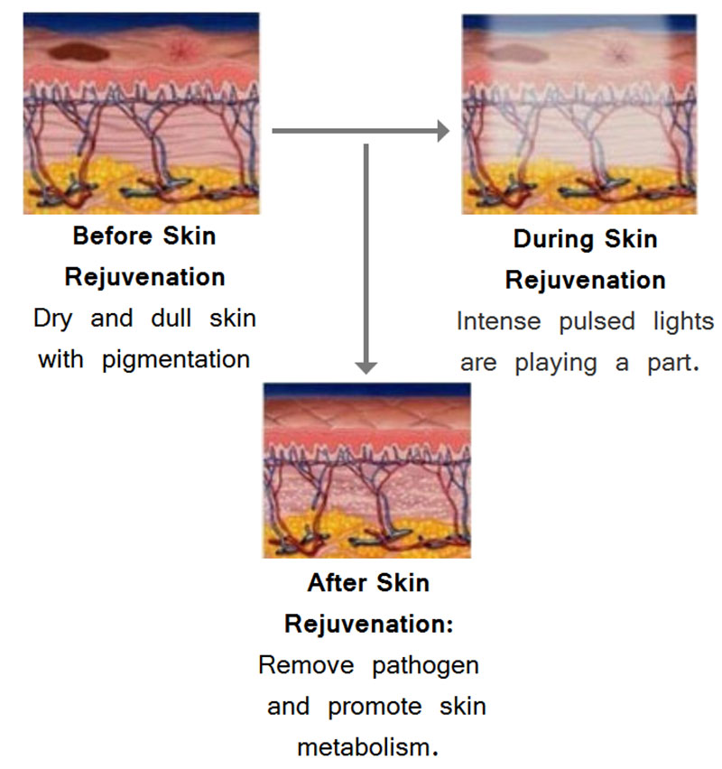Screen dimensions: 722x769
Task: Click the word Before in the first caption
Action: tap(112, 236)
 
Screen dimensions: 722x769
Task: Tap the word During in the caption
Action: tap(552, 239)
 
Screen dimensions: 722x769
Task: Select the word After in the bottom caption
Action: tap(337, 583)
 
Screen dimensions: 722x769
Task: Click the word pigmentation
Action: tap(176, 360)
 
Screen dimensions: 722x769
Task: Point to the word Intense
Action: tap(499, 321)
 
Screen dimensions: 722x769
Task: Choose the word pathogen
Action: tap(425, 666)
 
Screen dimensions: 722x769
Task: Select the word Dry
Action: tap(53, 320)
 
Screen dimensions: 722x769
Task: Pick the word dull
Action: tap(171, 319)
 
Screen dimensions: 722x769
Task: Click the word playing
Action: tap(556, 364)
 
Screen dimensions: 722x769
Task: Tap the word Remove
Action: tap(306, 665)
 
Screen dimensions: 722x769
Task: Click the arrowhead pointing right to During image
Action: tap(443, 131)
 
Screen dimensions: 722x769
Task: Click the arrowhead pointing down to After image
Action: tap(366, 368)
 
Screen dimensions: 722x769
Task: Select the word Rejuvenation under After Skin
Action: tap(369, 625)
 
